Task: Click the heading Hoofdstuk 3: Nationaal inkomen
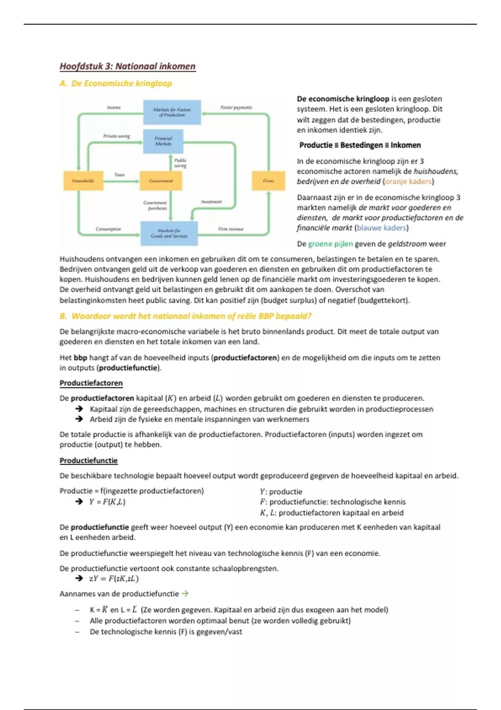pos(127,66)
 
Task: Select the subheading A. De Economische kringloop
pos(116,84)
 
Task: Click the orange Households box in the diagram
pos(83,181)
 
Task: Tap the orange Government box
pos(161,181)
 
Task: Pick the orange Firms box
pos(268,181)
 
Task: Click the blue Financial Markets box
pos(163,141)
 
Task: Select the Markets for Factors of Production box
pos(172,112)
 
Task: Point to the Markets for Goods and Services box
pos(169,233)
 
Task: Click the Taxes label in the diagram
pos(119,175)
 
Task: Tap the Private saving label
pos(116,136)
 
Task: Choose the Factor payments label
pos(236,107)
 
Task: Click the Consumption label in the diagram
pos(108,229)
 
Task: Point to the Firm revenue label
pos(230,229)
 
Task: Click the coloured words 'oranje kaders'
pos(408,182)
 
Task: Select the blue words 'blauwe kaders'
pos(381,228)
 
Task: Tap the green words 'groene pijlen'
pos(330,244)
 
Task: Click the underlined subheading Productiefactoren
pos(91,383)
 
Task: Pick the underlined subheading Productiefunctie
pos(89,461)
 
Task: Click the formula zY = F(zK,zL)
pos(114,579)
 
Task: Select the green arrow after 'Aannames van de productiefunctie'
pos(185,593)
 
